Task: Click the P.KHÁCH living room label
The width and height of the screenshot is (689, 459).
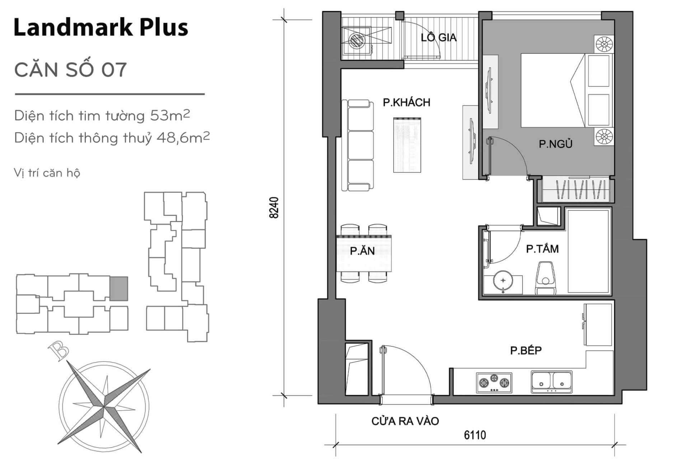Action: click(x=406, y=103)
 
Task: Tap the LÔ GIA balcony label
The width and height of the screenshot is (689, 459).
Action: click(x=438, y=37)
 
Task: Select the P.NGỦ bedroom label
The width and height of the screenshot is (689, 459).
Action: click(x=555, y=144)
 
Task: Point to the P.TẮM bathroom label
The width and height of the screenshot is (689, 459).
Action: click(x=542, y=249)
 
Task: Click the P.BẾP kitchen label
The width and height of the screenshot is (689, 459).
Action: click(x=526, y=350)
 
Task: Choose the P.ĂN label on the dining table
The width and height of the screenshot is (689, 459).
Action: click(x=362, y=251)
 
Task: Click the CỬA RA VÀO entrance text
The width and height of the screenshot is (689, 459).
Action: click(x=405, y=421)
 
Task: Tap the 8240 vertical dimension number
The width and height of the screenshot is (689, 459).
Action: click(x=274, y=208)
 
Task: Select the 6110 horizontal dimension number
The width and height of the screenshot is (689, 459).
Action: click(x=475, y=435)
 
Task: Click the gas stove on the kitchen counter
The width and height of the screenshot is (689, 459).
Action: click(x=494, y=383)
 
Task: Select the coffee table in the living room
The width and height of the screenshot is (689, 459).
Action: click(x=407, y=145)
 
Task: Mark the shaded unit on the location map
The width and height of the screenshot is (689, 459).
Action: click(x=118, y=288)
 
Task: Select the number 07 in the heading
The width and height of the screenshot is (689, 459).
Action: click(x=114, y=70)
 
